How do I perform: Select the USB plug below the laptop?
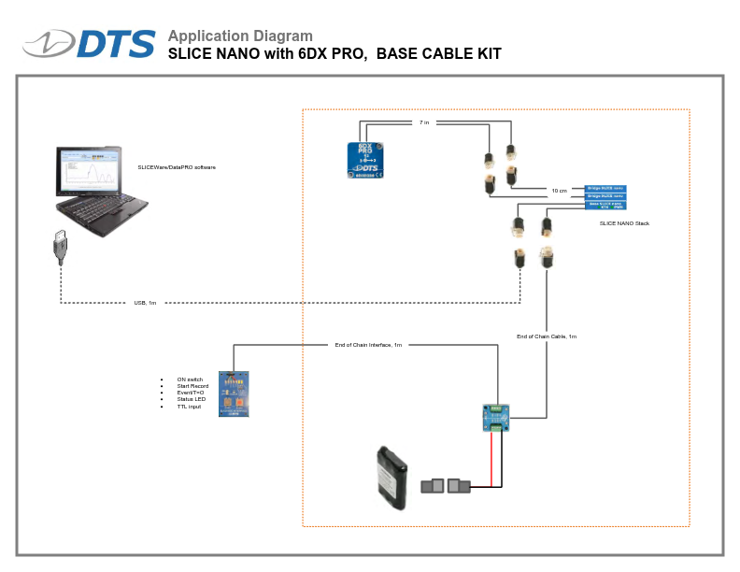61,248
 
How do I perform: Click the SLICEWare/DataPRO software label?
177,167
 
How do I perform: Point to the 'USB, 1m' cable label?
145,303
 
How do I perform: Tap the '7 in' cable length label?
424,122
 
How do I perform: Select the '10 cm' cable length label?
559,191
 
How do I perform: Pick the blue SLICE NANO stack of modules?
605,197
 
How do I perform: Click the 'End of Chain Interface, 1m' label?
368,345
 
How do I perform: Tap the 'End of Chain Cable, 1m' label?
547,336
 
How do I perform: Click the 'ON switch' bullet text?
190,379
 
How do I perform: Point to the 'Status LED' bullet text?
190,399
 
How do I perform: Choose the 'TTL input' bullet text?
189,407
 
